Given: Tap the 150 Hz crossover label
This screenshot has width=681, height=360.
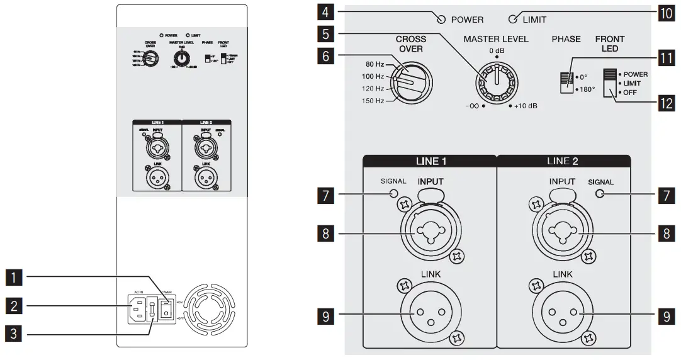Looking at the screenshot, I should click(x=370, y=101).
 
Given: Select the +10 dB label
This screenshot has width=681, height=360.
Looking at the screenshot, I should click(x=526, y=106).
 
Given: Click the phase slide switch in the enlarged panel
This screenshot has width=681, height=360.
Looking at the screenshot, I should click(x=567, y=82).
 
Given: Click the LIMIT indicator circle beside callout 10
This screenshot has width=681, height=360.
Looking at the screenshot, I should click(x=512, y=19).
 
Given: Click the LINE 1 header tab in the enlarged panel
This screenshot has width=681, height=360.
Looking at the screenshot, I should click(x=430, y=161).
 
